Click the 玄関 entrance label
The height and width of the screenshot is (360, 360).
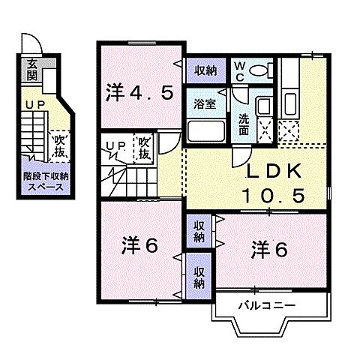point(32,68)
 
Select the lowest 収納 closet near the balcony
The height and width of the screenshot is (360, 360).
point(199,277)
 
